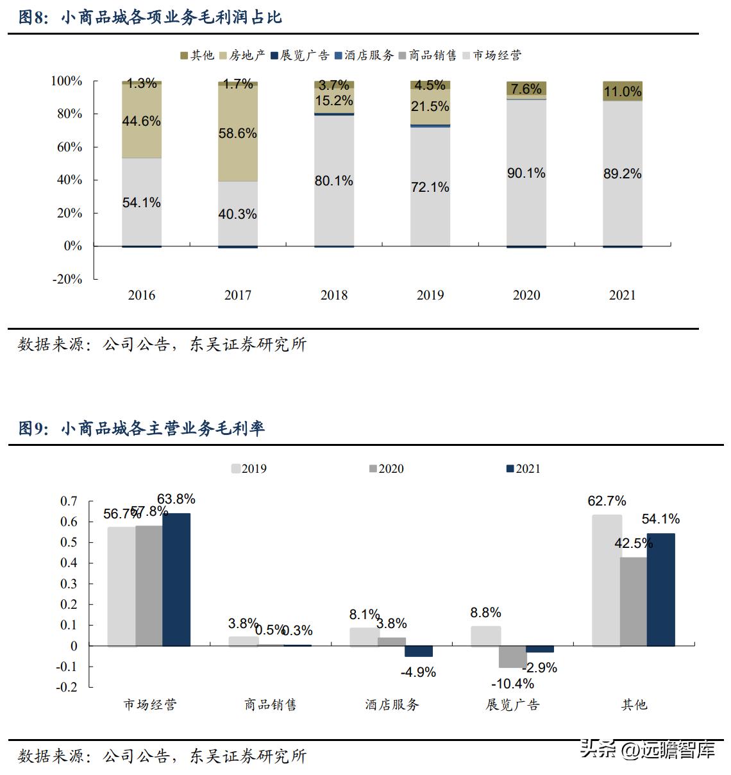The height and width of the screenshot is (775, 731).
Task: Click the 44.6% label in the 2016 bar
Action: point(141,121)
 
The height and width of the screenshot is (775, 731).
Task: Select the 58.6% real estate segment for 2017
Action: point(237,133)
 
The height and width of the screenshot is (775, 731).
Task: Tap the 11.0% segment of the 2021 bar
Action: point(622,91)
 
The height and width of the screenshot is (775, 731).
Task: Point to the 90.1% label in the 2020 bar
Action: point(526,173)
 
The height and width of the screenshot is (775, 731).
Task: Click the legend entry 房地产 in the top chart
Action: point(242,56)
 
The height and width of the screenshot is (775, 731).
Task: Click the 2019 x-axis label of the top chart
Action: point(430,295)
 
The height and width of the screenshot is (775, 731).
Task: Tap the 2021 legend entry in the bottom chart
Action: point(523,469)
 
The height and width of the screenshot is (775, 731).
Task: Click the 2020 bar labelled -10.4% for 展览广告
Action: point(512,657)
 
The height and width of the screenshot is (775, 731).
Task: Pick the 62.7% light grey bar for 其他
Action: point(607,580)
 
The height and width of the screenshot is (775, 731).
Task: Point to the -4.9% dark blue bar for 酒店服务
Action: point(418,651)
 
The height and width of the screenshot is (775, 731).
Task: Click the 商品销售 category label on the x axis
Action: point(270,704)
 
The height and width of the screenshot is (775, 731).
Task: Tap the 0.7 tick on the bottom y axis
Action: point(69,501)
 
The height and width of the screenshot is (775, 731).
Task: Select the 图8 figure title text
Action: point(151,17)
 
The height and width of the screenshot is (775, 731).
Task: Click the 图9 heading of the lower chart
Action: point(142,429)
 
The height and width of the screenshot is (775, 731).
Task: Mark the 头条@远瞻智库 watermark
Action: point(648,749)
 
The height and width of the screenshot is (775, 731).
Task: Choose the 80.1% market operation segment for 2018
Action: point(333,181)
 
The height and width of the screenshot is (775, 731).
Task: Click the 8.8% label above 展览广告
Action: point(485,613)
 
